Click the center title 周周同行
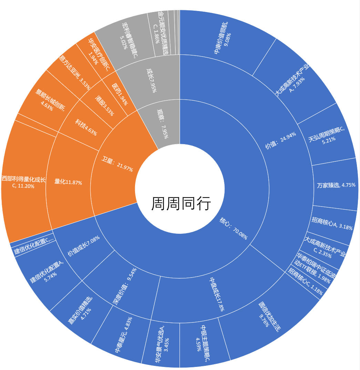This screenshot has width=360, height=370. [181, 204]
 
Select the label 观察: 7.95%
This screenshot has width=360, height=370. [162, 124]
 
